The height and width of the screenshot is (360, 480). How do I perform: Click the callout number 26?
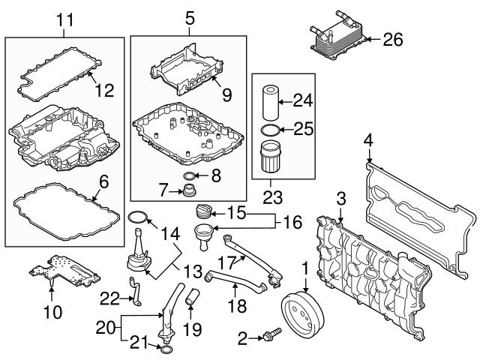392,38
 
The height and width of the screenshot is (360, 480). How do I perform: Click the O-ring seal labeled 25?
273,131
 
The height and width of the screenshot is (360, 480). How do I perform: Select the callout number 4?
367,139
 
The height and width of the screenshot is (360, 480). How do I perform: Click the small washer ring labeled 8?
190,177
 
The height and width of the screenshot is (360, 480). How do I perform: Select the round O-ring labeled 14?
136,218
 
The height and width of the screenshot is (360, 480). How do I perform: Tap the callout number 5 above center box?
188,15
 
